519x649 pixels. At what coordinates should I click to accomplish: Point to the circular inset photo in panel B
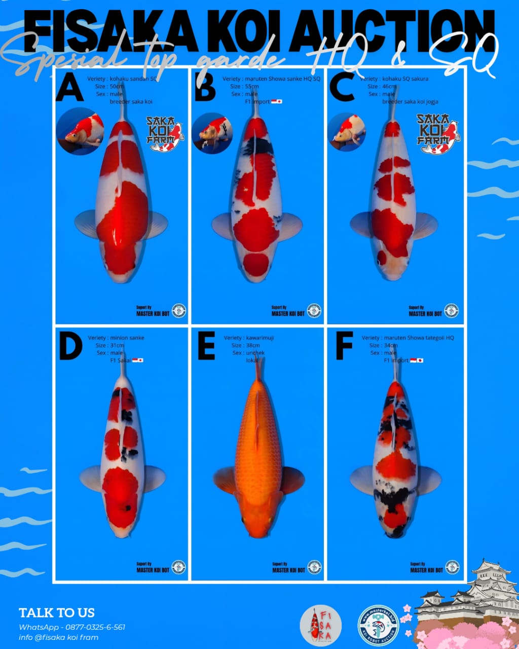212,133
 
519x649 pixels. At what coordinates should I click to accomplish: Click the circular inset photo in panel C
347,132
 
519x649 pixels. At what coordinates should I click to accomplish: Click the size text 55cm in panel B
252,87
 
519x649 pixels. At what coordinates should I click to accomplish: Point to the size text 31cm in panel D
117,345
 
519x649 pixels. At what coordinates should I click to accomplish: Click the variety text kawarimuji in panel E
259,338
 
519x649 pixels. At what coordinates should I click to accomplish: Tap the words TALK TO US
57,612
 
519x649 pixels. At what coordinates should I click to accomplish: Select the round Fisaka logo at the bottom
320,626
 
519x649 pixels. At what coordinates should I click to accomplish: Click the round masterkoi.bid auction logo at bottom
378,626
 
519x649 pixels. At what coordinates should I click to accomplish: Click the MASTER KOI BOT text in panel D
153,570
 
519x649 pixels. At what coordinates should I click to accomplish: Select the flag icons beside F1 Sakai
137,360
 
